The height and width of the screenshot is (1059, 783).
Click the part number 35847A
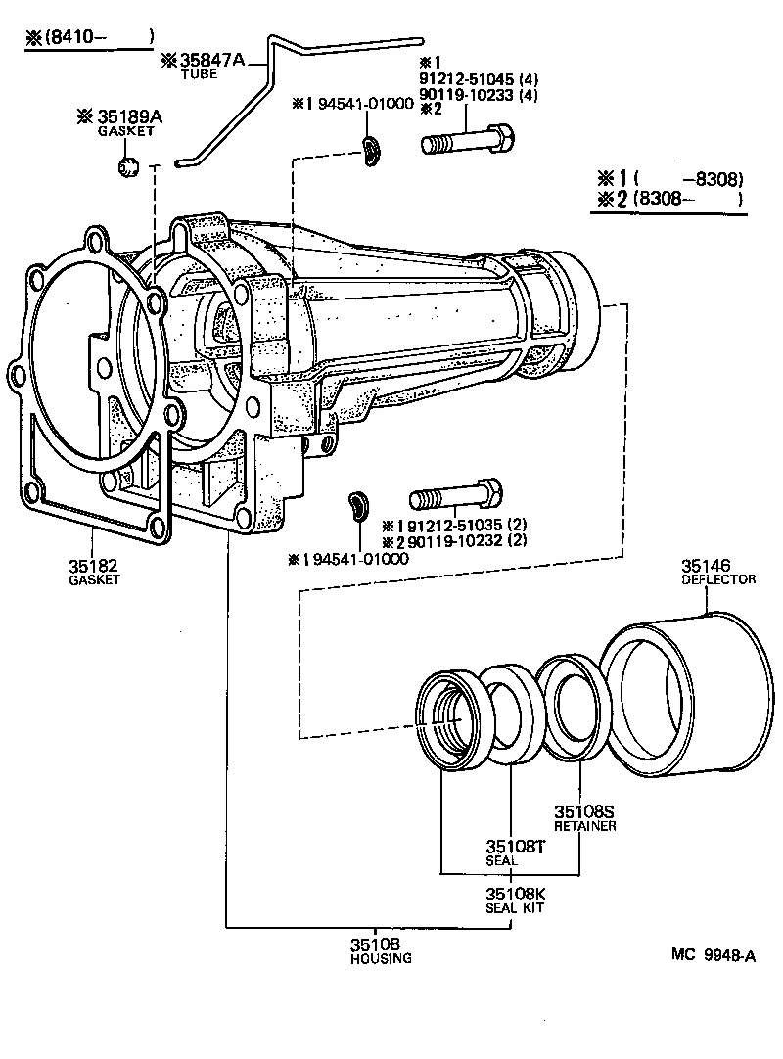213,60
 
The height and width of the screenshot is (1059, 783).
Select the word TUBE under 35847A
202,75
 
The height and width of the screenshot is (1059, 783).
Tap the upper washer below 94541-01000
369,149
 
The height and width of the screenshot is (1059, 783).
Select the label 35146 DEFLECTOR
717,572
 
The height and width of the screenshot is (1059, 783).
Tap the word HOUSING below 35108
381,959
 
